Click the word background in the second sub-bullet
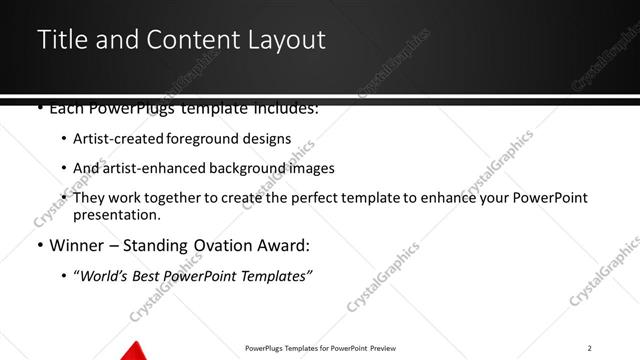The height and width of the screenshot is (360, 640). coord(255,169)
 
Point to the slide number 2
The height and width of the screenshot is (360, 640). coord(590,347)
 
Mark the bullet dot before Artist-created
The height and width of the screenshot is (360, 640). coord(65,140)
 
